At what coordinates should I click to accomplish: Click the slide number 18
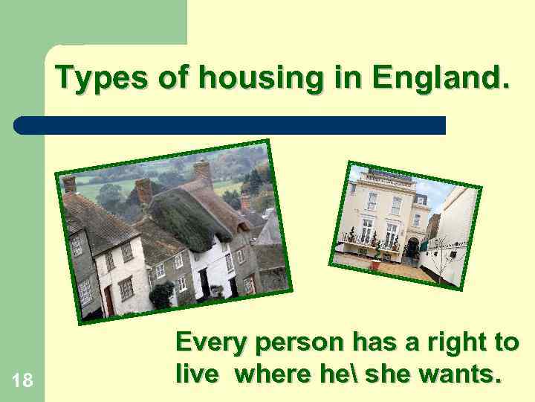click(22, 381)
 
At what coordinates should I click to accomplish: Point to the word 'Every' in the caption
click(212, 343)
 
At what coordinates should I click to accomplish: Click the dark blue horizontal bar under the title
click(230, 125)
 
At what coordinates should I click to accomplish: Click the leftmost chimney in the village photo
click(70, 184)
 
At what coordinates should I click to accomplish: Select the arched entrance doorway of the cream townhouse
click(410, 249)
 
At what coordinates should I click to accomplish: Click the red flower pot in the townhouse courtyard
click(377, 264)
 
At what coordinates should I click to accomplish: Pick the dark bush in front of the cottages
click(162, 296)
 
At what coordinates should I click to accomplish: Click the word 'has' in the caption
click(375, 343)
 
